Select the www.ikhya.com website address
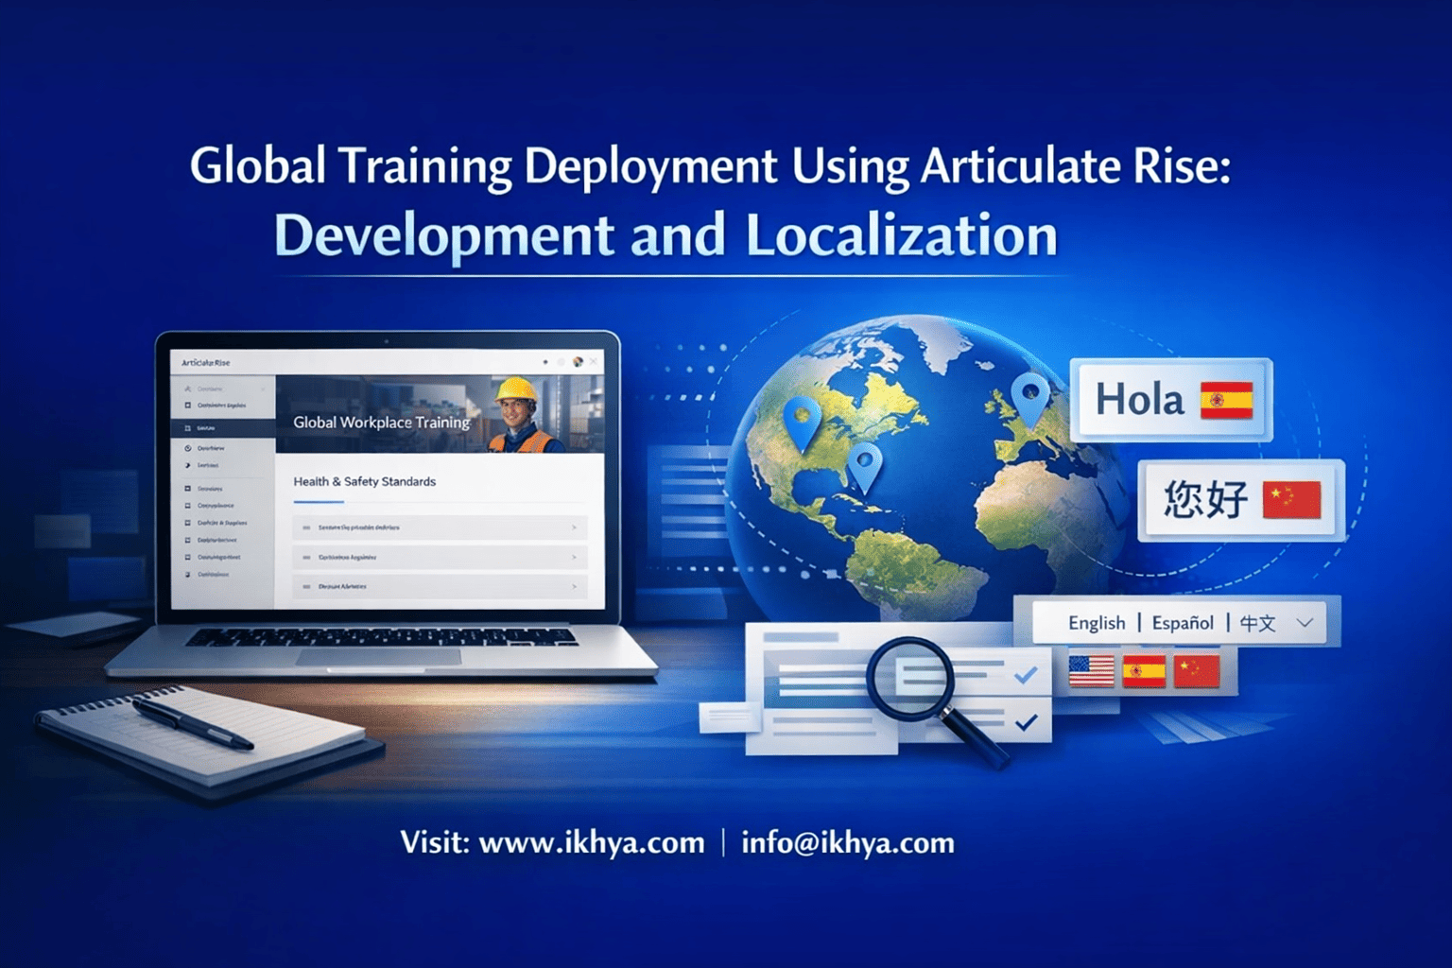tap(592, 842)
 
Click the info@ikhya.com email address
tap(848, 842)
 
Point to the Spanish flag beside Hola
tap(1226, 400)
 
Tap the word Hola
tap(1139, 400)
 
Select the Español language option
tap(1182, 623)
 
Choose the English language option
tap(1097, 623)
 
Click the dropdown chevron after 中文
tap(1305, 623)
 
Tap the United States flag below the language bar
tap(1091, 671)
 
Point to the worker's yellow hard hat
tap(516, 389)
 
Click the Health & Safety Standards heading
tap(364, 481)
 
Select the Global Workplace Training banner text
tap(381, 423)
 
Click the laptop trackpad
tap(378, 656)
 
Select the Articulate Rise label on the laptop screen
tap(205, 363)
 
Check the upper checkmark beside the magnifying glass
tap(1026, 675)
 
